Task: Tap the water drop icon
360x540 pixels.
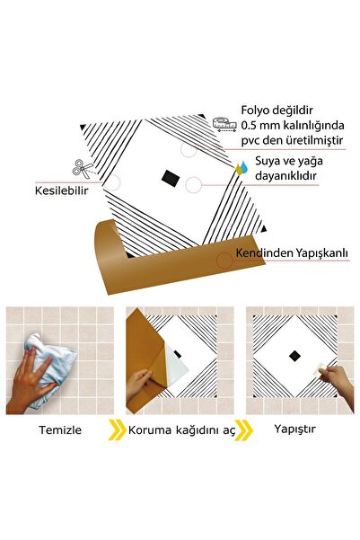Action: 241,168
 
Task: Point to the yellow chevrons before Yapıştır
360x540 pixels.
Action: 243,429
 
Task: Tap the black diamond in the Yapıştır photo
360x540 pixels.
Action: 293,354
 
